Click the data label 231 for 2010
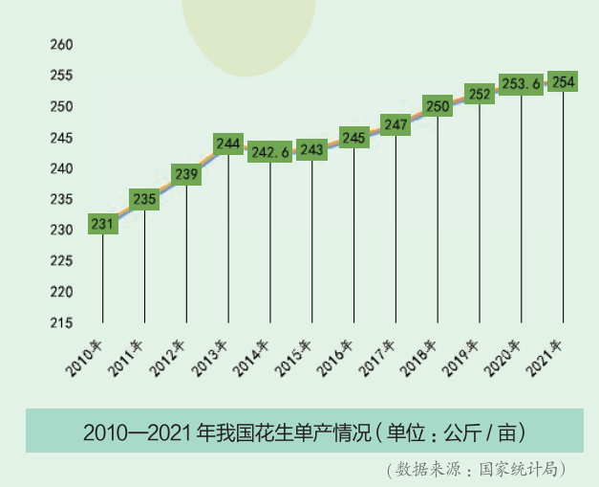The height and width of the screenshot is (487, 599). tap(102, 225)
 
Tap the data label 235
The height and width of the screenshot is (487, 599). tap(144, 200)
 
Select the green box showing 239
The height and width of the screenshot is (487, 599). tap(186, 174)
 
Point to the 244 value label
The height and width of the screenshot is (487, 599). tap(228, 144)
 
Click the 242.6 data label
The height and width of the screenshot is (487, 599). tap(269, 151)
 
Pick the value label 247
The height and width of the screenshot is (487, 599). tap(396, 124)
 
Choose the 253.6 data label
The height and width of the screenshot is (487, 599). tap(522, 84)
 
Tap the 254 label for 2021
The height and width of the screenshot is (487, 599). tap(564, 82)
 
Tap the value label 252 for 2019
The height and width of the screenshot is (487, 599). tap(480, 94)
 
